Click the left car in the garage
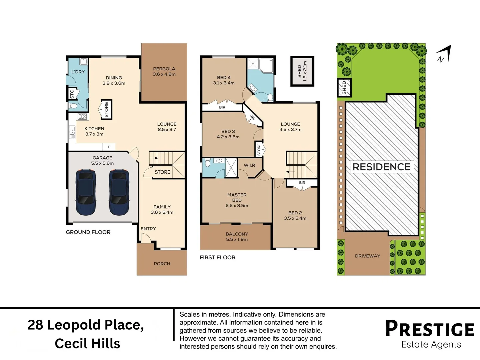(x=86, y=192)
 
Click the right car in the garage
(x=119, y=192)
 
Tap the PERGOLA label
(x=164, y=69)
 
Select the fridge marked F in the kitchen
(x=109, y=147)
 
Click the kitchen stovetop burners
(x=82, y=117)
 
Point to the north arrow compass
(x=444, y=54)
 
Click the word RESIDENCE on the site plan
(x=382, y=167)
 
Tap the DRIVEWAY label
(x=368, y=256)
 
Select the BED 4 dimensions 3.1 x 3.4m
(x=224, y=83)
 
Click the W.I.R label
(x=250, y=165)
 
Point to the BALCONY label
(x=237, y=234)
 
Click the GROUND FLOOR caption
(x=88, y=232)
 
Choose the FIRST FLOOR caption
(x=218, y=257)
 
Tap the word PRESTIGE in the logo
(x=430, y=328)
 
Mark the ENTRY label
(x=148, y=229)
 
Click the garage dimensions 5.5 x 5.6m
(x=102, y=163)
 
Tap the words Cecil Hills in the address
(x=87, y=344)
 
